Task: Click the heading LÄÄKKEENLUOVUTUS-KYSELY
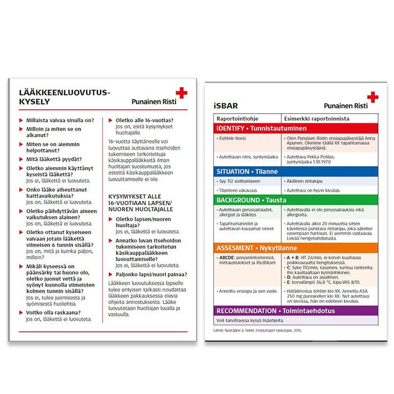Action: coord(65,97)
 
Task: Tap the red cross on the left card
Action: coord(181,93)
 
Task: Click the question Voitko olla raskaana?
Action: coord(53,312)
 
